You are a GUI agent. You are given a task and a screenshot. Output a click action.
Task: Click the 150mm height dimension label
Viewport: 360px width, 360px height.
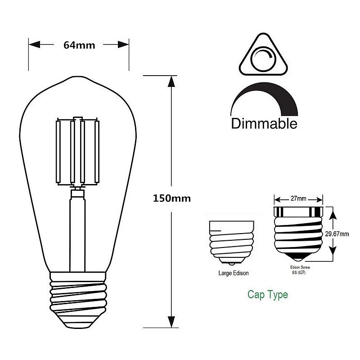171,198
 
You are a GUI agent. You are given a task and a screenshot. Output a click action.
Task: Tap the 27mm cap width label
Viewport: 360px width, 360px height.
299,198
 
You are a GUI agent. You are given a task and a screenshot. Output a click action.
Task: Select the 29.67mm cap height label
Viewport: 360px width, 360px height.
337,234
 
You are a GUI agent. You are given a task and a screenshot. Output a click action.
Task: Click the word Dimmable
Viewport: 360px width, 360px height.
264,124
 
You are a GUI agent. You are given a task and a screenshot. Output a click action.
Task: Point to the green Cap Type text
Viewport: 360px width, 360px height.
268,295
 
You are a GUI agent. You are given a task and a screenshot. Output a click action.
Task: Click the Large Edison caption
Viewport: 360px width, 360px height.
233,273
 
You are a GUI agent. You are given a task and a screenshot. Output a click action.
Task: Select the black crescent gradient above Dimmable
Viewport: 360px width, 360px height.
265,97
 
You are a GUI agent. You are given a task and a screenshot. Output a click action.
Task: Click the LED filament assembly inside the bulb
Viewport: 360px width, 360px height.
77,153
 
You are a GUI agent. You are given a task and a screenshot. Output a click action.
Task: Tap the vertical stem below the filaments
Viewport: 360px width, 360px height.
77,229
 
